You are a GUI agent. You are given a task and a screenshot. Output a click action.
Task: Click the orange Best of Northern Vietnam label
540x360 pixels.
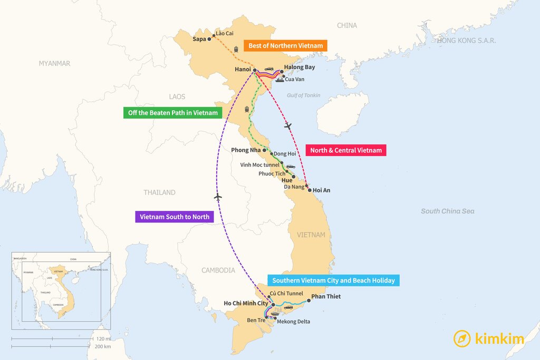pos(285,46)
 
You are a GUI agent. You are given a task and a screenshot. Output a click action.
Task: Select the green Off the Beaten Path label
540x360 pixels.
pos(172,113)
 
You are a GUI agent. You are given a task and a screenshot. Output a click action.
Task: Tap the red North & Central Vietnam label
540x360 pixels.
pos(345,150)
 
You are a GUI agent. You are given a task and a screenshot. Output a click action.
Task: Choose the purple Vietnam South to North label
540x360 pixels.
pos(174,217)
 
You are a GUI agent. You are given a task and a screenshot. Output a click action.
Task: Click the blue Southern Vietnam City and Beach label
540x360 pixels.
pos(333,280)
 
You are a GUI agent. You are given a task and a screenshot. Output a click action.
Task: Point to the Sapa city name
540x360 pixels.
pos(199,39)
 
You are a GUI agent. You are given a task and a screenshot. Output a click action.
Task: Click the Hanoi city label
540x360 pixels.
pos(243,70)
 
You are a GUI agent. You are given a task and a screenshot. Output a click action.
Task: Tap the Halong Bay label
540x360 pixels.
pos(299,67)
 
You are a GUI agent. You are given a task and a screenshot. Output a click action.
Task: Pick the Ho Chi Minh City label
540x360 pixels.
pos(246,303)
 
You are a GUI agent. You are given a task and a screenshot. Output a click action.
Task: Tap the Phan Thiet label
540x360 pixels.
pos(326,297)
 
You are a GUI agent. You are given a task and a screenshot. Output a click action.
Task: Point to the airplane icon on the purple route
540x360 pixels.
pos(218,197)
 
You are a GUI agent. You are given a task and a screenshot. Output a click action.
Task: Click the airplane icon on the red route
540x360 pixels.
pos(287,125)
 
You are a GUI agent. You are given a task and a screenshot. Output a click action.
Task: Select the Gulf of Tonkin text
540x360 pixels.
pos(303,95)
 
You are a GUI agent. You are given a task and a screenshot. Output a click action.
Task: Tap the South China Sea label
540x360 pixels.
pos(447,211)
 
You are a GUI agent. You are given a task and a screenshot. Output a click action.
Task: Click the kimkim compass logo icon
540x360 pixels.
pos(462,338)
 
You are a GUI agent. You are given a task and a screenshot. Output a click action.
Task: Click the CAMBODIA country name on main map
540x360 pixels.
pos(218,270)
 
